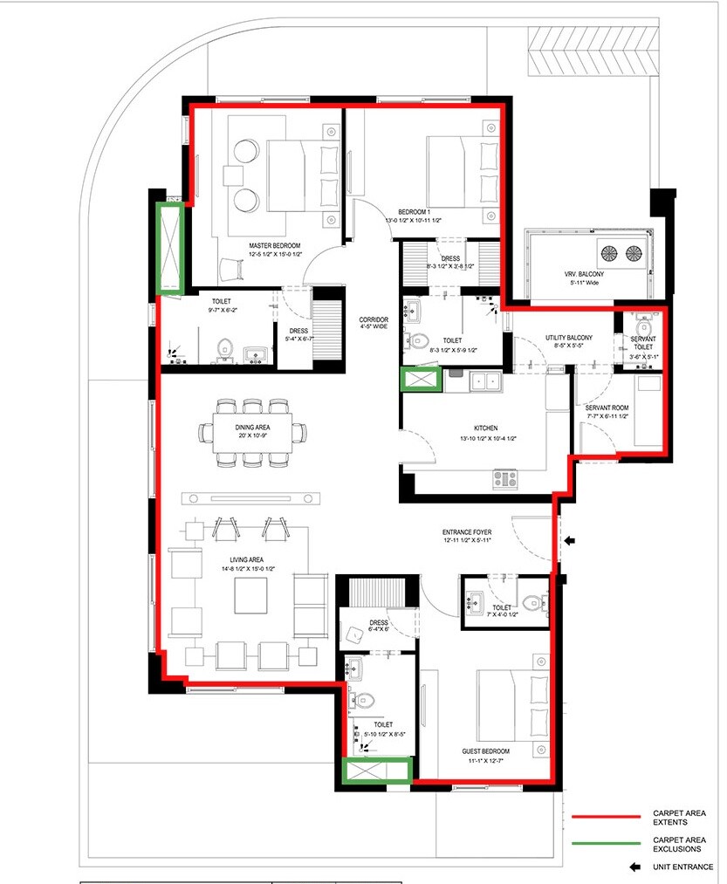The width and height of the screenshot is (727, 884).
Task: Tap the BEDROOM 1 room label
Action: coord(415,212)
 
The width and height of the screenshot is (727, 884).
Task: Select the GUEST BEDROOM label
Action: coord(485,750)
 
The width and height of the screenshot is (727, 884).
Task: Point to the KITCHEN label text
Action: coord(486,428)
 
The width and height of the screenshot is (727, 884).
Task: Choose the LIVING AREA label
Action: coord(243,559)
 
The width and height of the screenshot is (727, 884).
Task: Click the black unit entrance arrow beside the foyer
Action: coord(570,541)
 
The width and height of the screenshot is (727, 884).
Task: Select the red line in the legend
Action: coord(607,818)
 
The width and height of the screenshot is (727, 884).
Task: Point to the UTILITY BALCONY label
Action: coord(569,338)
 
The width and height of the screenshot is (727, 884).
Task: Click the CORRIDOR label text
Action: coord(374,320)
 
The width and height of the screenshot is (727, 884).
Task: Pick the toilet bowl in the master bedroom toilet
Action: coord(225,346)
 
